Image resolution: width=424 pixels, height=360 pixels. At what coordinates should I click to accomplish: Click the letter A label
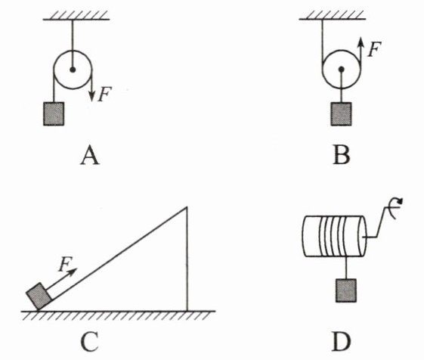point(90,156)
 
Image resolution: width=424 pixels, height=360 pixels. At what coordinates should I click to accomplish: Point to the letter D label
point(342,342)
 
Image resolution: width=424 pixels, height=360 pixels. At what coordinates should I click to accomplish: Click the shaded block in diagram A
point(54,113)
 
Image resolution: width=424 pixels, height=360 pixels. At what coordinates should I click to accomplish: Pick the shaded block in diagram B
point(342,114)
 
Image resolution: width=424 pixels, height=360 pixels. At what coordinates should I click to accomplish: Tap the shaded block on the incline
point(39,296)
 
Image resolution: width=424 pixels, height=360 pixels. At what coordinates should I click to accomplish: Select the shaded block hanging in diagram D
point(346,290)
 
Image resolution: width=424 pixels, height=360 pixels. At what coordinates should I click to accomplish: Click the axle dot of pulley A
point(73,70)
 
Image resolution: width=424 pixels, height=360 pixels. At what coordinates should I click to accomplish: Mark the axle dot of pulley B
point(342,70)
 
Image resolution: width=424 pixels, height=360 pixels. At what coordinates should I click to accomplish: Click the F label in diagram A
point(104,95)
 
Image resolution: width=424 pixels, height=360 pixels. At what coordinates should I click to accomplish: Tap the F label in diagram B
point(374,49)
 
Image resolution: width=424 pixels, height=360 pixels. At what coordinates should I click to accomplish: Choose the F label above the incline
point(65,264)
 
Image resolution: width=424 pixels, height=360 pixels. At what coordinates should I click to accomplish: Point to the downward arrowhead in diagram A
point(92,96)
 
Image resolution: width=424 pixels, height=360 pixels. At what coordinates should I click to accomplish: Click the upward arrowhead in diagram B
point(361,42)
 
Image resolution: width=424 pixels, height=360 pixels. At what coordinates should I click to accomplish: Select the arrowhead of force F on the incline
point(73,272)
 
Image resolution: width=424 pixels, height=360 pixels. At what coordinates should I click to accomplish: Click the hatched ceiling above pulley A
point(76,16)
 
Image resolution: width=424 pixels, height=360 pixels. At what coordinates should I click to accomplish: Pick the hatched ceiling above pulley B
point(333,16)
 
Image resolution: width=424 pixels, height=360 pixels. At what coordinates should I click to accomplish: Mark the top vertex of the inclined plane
point(187,207)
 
